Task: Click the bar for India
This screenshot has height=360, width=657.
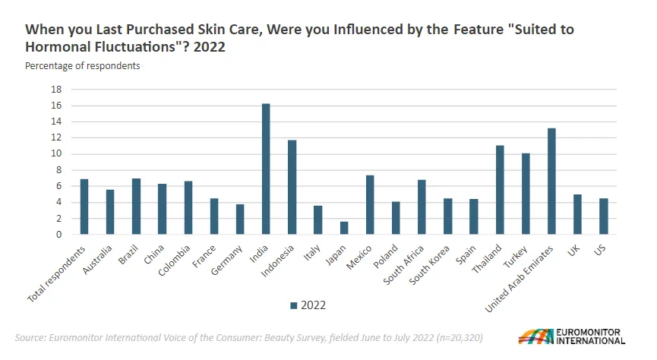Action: pos(266,169)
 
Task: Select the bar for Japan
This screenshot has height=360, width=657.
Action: pos(344,228)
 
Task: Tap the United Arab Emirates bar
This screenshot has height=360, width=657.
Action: pos(551,181)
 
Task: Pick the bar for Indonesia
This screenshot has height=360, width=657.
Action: pos(292,187)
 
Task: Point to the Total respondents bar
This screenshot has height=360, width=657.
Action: pos(84,207)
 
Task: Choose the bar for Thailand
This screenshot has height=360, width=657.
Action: pos(500,190)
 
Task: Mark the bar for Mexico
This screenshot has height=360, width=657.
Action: pos(370,204)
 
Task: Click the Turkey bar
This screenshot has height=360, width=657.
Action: pos(526,194)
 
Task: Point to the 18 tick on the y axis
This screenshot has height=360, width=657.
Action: pos(56,90)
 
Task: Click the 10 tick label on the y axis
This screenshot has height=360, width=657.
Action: pos(56,154)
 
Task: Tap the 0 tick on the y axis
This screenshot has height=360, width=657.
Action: pos(58,235)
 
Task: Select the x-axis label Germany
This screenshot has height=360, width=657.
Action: pos(226,261)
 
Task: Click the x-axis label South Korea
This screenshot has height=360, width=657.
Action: pos(429,265)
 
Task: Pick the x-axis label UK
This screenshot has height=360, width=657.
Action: pos(573,250)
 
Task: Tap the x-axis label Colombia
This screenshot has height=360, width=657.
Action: pos(174,261)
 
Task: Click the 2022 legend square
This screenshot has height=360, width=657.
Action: pos(294,305)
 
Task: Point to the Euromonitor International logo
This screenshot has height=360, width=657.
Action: pos(571,336)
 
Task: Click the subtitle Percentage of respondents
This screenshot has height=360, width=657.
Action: pos(83,66)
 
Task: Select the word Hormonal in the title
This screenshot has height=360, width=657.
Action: pos(58,46)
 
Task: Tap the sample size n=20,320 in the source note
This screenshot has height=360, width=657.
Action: pos(460,337)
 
